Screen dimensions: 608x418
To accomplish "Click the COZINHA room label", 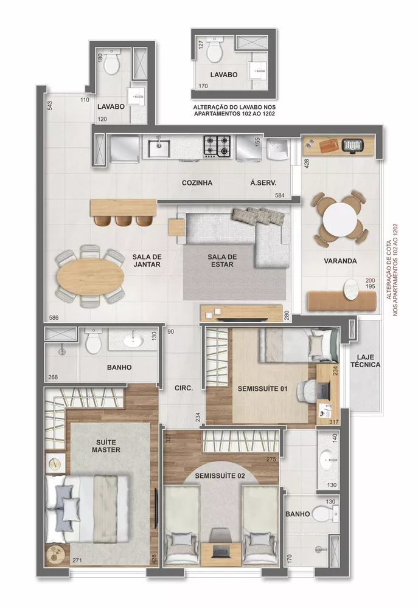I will pos(197,182).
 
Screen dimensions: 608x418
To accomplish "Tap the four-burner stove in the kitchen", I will pos(217,145).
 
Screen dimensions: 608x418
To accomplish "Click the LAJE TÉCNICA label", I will pos(366,361).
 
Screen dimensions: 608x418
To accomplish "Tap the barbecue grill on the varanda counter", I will pos(352,145).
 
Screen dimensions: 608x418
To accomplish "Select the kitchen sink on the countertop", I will pos(160,146).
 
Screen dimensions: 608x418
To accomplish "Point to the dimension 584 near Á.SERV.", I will pos(280,195).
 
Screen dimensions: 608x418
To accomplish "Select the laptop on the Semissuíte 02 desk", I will pos(219,550).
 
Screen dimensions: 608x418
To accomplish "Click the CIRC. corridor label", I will pos(183,387).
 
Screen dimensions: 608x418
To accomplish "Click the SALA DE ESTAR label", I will pos(221,261).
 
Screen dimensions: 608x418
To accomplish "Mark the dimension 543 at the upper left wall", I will pos(50,105).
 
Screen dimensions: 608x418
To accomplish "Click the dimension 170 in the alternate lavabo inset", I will pos(203,86).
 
